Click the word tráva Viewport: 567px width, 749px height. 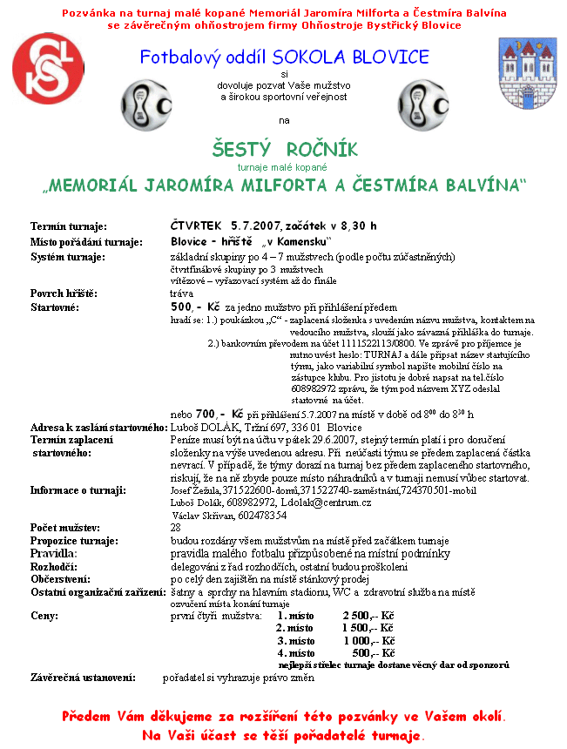click(181, 294)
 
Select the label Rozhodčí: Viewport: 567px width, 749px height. click(54, 565)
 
